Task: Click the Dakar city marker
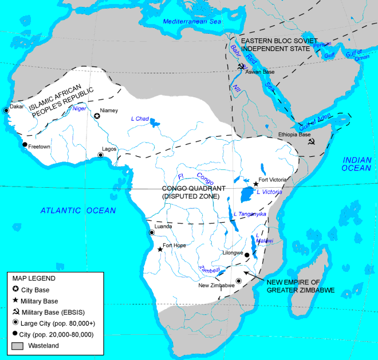[x=6, y=109]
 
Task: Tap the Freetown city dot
[x=25, y=145]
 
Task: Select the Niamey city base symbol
[x=97, y=116]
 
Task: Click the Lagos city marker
[x=101, y=155]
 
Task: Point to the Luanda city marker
[x=152, y=232]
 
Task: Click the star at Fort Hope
[x=159, y=249]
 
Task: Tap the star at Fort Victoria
[x=255, y=184]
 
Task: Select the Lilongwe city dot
[x=247, y=255]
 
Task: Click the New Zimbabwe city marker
[x=238, y=280]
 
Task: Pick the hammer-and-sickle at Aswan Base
[x=240, y=66]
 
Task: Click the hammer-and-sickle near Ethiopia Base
[x=310, y=141]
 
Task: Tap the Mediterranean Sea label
[x=191, y=22]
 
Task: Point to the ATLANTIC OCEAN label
[x=78, y=211]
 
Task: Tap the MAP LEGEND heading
[x=34, y=278]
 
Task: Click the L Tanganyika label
[x=250, y=214]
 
